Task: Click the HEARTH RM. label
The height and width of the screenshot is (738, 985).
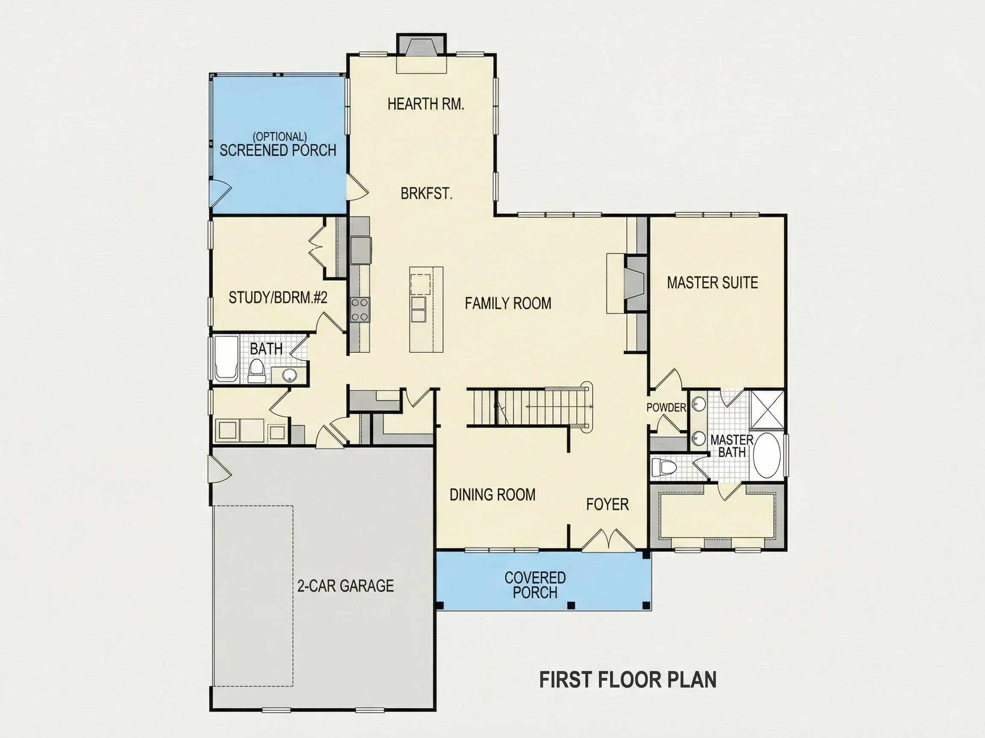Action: [426, 104]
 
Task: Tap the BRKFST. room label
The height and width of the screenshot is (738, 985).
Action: [427, 193]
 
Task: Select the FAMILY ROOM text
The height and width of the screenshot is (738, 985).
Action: [508, 303]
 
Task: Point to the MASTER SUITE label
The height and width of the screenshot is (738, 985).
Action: [713, 282]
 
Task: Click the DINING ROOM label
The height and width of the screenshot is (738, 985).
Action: [492, 495]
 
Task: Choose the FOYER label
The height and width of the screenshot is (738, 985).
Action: [608, 504]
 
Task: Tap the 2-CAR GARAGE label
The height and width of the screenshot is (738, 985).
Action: [345, 586]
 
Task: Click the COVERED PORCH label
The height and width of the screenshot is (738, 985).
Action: [535, 585]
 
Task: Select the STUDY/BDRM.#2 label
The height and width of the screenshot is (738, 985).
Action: [278, 298]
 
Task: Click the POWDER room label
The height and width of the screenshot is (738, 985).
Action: [666, 407]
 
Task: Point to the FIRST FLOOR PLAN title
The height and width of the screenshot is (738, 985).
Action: [628, 680]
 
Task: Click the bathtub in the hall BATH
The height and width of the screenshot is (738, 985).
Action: [227, 359]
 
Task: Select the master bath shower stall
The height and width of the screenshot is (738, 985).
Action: [768, 410]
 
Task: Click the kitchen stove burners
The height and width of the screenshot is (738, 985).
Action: [360, 310]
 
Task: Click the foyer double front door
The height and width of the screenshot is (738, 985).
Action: [608, 539]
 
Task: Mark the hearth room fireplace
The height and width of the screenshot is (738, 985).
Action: [421, 45]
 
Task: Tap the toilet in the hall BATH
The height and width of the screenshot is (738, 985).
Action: [257, 372]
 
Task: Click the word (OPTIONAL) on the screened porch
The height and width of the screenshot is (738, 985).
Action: [280, 137]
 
